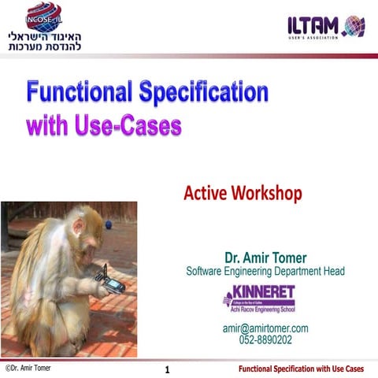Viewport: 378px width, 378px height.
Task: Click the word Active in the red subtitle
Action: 206,191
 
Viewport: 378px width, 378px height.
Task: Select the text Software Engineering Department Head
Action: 265,271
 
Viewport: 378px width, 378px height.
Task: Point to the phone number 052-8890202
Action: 265,340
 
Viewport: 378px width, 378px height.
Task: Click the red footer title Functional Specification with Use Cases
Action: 302,369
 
